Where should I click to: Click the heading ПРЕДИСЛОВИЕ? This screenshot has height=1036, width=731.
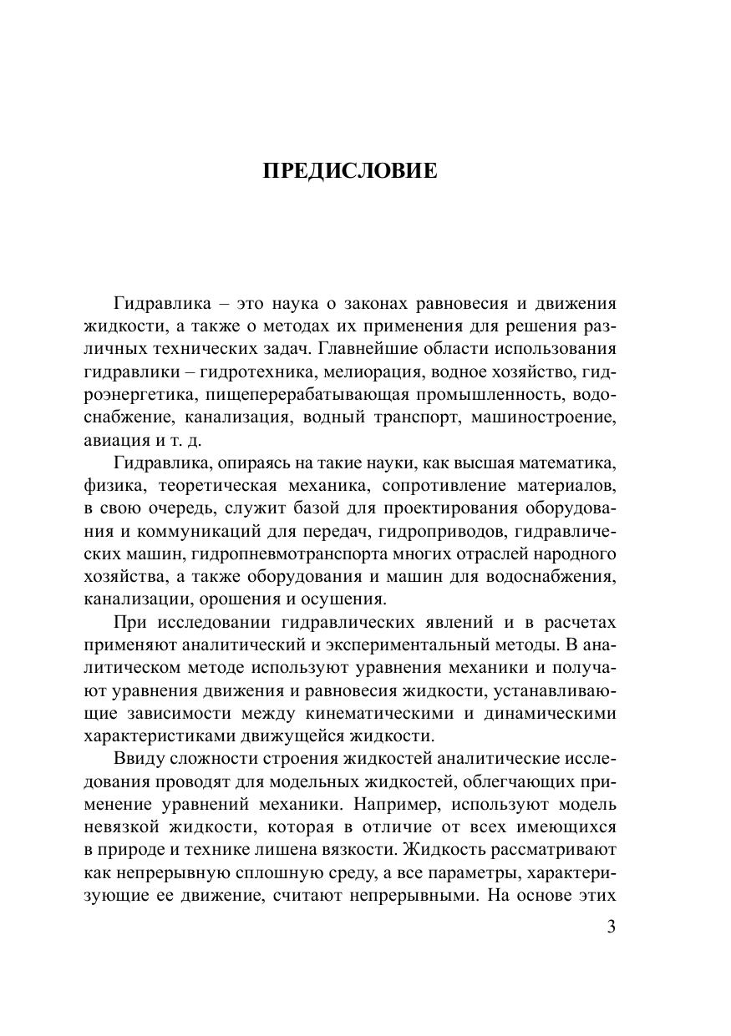click(x=350, y=171)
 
